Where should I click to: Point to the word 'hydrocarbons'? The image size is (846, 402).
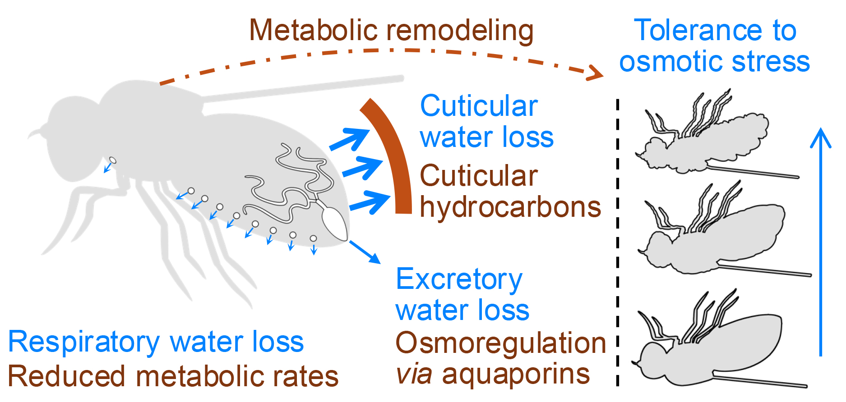coord(510,207)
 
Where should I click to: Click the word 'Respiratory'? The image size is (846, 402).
coord(84,343)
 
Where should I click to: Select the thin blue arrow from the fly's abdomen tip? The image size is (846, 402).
coord(365,252)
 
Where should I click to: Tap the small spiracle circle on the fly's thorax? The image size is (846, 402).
coord(113,160)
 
